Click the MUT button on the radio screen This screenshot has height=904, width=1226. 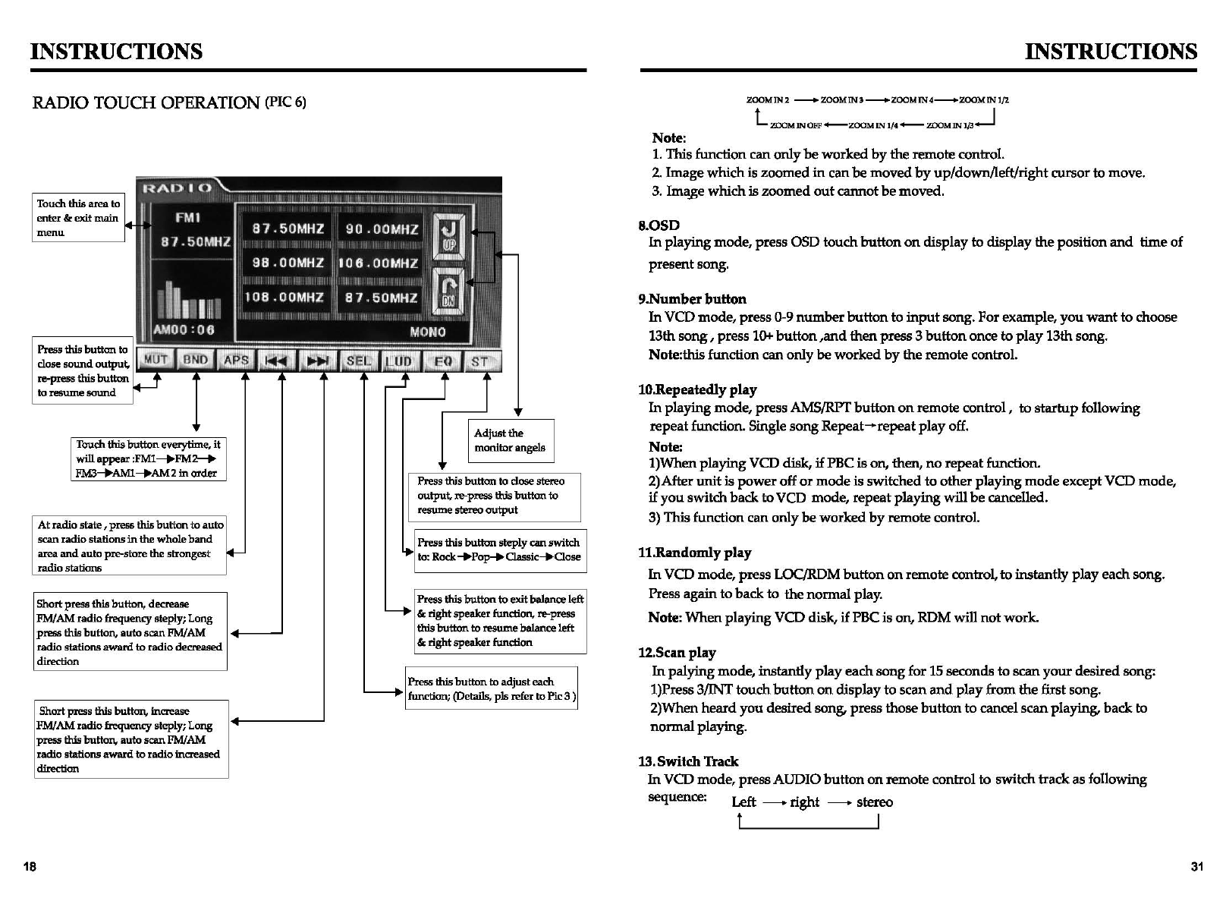pos(156,360)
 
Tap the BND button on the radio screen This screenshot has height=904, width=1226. pos(196,360)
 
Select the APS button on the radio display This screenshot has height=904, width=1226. pos(237,361)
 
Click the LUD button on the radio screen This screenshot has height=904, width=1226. pos(398,361)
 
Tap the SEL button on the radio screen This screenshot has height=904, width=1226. pos(358,361)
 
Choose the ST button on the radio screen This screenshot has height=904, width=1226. pos(479,361)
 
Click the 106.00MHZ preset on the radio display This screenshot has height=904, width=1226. pos(379,263)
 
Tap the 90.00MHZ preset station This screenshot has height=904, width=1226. pos(382,228)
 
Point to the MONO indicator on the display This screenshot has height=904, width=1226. pos(427,332)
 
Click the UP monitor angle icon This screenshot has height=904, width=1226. pos(448,237)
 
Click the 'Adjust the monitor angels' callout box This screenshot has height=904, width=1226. pos(511,440)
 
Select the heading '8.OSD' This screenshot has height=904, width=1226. pos(659,225)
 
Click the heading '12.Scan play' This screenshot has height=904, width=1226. pos(677,653)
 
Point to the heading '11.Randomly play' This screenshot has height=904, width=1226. pos(694,553)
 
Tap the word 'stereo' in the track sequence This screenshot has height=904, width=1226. pos(874,802)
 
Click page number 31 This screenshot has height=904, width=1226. pos(1196,867)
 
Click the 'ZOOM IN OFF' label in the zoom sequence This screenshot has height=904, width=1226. pos(795,125)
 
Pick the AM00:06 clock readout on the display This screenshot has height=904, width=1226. pos(184,330)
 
